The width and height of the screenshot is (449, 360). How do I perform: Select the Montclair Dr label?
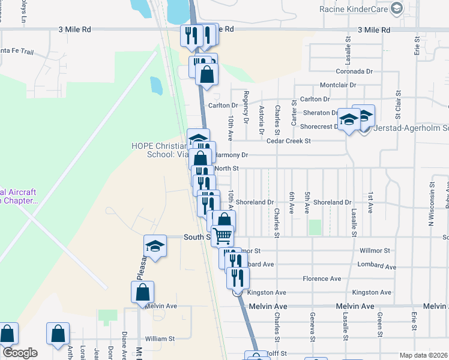click(338, 85)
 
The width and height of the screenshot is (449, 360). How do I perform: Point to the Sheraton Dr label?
click(321, 112)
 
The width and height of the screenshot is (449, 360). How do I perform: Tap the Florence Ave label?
click(322, 278)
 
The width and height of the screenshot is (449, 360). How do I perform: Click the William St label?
click(159, 338)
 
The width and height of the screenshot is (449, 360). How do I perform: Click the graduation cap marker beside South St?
click(155, 246)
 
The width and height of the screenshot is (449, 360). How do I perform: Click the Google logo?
click(20, 353)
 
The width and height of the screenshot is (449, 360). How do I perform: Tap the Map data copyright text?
click(423, 355)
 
